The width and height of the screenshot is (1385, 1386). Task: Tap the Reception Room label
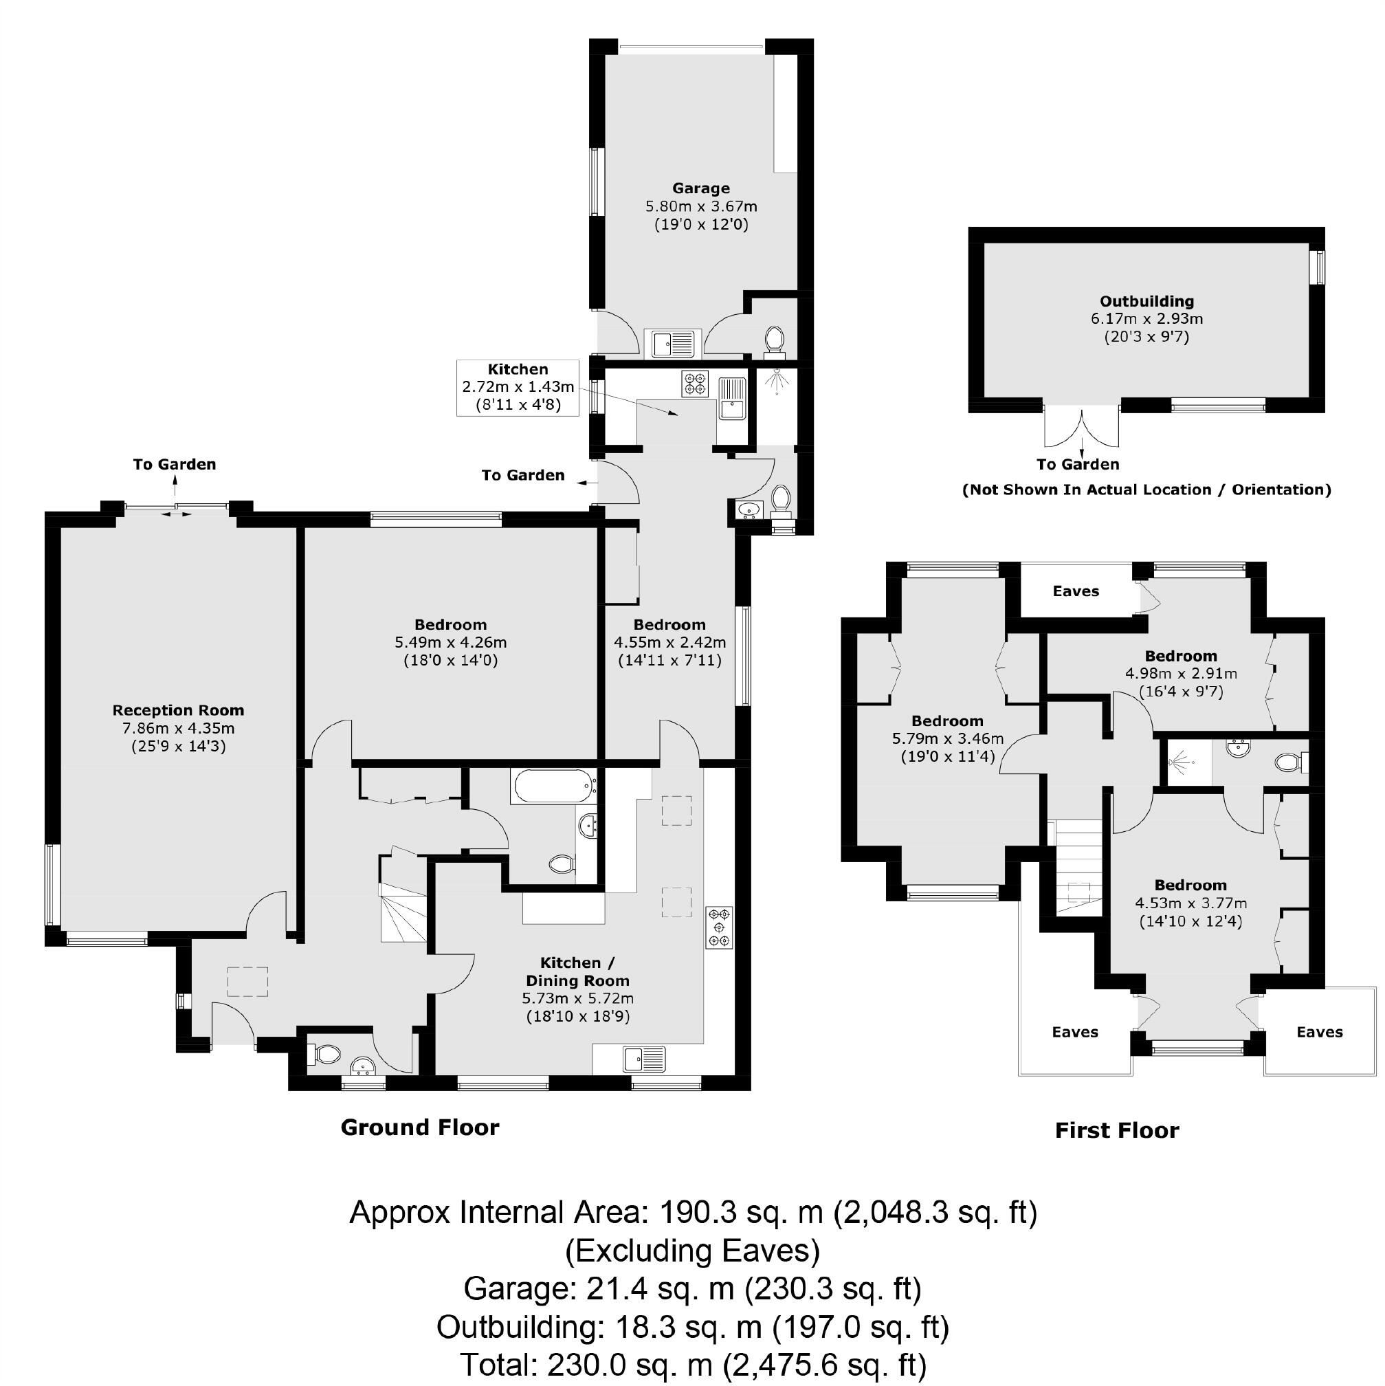178,710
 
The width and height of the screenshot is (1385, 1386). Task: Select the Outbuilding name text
1146,301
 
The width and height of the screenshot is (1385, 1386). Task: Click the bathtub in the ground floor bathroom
552,786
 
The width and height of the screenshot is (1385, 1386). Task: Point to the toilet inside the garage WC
774,339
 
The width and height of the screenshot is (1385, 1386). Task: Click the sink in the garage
672,343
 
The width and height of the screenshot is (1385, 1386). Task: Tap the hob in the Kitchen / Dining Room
720,927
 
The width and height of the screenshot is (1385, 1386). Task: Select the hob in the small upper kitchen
694,382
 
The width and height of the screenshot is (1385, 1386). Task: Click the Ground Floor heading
419,1127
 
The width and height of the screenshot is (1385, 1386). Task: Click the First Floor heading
1116,1131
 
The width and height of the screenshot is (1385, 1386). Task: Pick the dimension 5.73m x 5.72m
577,998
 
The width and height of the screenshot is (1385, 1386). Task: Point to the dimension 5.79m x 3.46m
946,738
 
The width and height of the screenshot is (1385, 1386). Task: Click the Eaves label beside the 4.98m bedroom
1075,591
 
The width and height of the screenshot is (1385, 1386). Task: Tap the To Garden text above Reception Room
175,464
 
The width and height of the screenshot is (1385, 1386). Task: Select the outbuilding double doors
1081,428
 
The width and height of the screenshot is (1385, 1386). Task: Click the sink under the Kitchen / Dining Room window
643,1058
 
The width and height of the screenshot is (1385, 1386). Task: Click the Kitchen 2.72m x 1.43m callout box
518,387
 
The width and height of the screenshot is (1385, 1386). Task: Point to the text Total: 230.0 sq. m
692,1364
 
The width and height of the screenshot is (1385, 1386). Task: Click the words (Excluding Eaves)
692,1251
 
